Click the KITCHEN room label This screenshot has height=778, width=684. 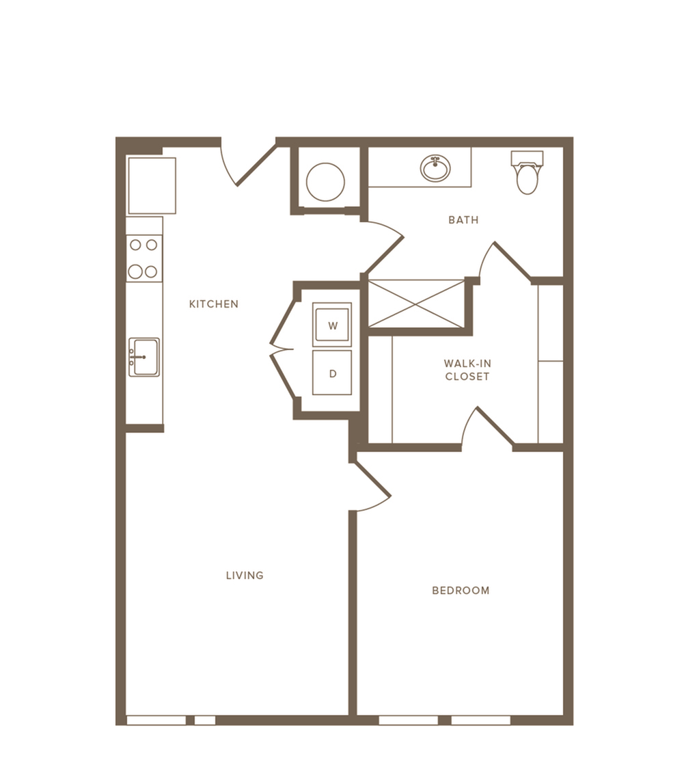click(x=214, y=304)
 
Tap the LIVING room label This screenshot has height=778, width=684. click(x=245, y=575)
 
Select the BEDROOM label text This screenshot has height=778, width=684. click(x=461, y=591)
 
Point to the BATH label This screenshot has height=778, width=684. click(x=463, y=220)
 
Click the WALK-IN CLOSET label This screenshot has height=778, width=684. click(x=467, y=370)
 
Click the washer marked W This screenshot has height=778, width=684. click(x=332, y=325)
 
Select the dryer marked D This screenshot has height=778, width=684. click(x=332, y=373)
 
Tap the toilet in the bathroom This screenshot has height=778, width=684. click(x=527, y=173)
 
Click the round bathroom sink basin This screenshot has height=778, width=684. click(x=435, y=168)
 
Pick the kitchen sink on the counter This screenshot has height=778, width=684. click(x=144, y=358)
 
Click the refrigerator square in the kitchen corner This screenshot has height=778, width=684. click(x=152, y=185)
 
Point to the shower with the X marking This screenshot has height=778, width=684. click(x=416, y=304)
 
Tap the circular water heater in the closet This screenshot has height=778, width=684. click(x=325, y=182)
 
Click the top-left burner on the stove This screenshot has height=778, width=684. click(x=135, y=245)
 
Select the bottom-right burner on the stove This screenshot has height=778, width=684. click(x=152, y=271)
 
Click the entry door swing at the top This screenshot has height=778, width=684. click(x=248, y=166)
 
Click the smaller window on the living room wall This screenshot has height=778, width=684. click(x=205, y=720)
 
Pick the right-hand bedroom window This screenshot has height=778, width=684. click(x=480, y=720)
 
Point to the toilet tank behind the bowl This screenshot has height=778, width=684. click(x=527, y=159)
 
